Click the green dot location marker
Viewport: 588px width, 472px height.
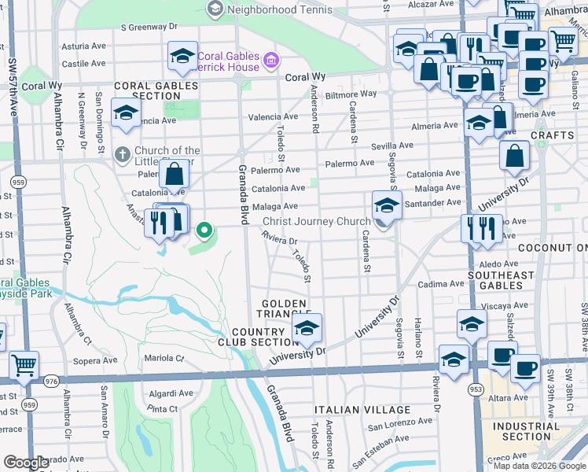(204, 230)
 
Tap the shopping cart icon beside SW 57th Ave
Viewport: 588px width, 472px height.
(24, 364)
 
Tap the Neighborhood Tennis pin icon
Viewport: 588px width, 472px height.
(215, 9)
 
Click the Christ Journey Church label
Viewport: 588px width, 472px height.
(316, 222)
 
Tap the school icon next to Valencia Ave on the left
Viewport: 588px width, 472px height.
(126, 113)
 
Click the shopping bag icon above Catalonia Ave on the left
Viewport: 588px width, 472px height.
(175, 173)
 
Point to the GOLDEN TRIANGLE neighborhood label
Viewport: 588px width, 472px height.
(287, 308)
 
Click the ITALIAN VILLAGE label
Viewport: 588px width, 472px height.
(362, 410)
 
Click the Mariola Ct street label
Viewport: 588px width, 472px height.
(164, 358)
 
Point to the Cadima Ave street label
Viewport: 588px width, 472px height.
(441, 284)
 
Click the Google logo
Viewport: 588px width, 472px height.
(26, 463)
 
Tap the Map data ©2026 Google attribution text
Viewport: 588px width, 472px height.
(539, 465)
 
